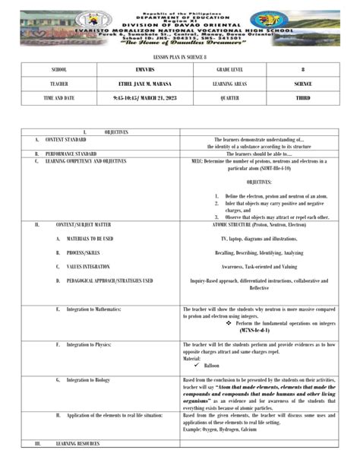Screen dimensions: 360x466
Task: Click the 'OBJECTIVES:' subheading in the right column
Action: [259, 182]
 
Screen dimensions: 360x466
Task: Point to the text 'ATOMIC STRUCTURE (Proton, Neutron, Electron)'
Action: [259, 225]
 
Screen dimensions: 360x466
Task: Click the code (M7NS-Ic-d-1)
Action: [254, 331]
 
